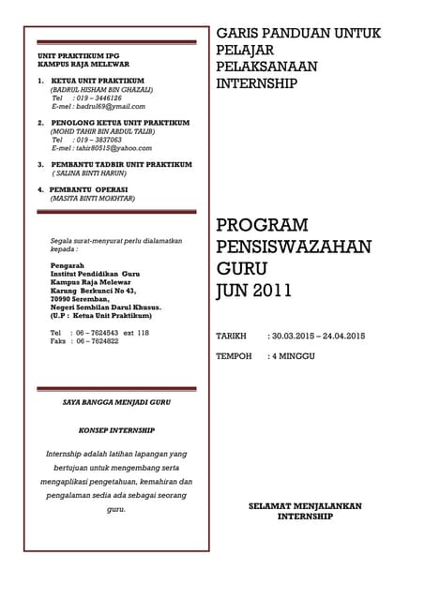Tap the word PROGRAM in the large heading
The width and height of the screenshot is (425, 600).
262,225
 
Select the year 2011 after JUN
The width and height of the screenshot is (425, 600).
271,290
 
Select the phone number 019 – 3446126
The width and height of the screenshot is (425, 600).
97,97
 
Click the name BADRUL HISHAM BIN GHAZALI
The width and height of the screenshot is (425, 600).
100,89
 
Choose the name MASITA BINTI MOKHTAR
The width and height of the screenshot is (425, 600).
92,199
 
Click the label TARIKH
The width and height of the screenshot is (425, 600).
231,336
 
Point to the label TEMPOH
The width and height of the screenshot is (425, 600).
234,356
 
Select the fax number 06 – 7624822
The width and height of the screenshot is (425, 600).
96,341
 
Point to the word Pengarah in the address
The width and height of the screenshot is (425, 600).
67,265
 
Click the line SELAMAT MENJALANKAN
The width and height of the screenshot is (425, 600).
304,506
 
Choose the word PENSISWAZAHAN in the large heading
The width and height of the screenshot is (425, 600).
294,247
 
